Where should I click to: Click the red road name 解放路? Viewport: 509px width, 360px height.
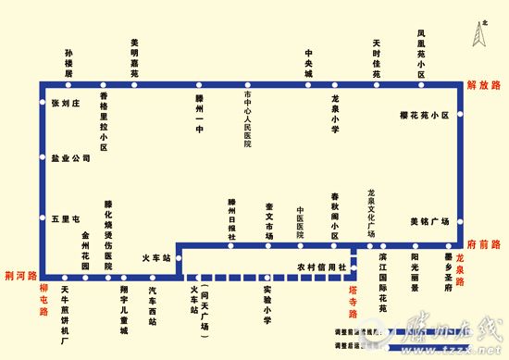[x=483, y=85]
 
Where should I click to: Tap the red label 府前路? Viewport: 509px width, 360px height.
[x=483, y=243]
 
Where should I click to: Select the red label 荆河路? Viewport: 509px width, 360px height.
[x=19, y=276]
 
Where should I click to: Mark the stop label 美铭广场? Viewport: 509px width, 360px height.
[x=429, y=222]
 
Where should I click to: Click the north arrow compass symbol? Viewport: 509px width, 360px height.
[x=479, y=34]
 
